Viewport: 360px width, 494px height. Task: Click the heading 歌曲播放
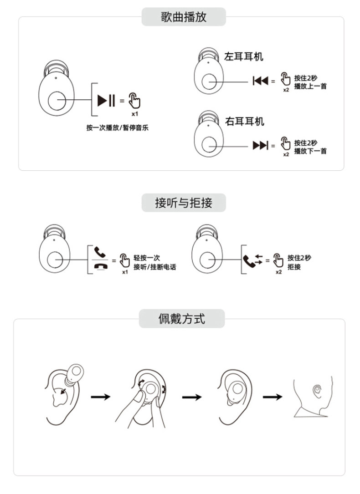(x=184, y=17)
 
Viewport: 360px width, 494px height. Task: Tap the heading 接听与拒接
(x=184, y=202)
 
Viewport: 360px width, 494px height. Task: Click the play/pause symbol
(x=107, y=99)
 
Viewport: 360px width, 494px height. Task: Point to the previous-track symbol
(x=261, y=81)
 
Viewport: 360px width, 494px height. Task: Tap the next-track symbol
(x=261, y=145)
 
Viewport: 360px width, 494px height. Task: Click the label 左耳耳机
(x=244, y=57)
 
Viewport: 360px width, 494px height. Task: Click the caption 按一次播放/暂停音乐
(x=117, y=128)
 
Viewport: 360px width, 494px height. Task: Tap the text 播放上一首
(x=310, y=87)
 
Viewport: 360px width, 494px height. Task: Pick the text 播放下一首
(x=310, y=151)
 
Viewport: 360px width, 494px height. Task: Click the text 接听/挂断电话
(x=154, y=267)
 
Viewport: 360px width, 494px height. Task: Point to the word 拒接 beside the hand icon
(x=294, y=267)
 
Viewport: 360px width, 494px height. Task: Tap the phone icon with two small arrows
(x=252, y=260)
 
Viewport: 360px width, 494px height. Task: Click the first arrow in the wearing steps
(x=101, y=397)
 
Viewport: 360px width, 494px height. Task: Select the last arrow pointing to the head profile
(x=272, y=397)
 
